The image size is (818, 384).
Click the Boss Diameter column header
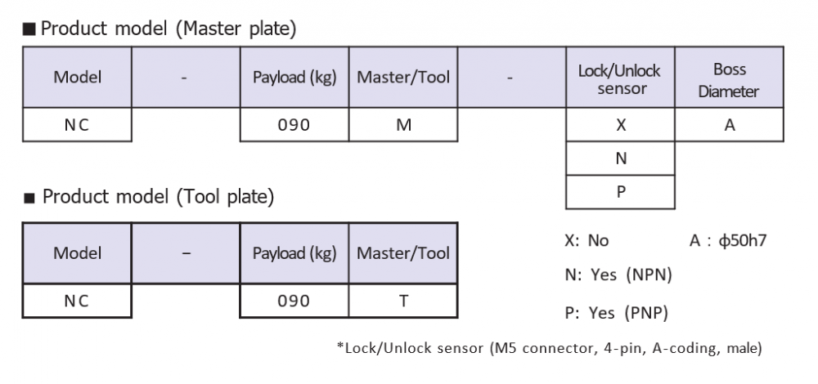pyautogui.click(x=729, y=78)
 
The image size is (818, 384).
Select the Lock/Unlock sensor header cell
pyautogui.click(x=620, y=78)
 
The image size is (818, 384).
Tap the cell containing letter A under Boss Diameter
pyautogui.click(x=729, y=124)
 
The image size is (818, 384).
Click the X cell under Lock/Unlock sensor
pyautogui.click(x=620, y=124)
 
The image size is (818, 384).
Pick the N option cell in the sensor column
pyautogui.click(x=620, y=158)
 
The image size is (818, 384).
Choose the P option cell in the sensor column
pyautogui.click(x=620, y=192)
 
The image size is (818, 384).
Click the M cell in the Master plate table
pyautogui.click(x=403, y=124)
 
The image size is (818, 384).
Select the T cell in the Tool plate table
pyautogui.click(x=403, y=301)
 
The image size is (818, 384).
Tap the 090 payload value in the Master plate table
pyautogui.click(x=294, y=124)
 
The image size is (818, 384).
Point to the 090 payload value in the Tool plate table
pyautogui.click(x=294, y=301)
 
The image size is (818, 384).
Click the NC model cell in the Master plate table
pyautogui.click(x=77, y=124)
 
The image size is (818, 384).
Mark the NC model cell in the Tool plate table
pyautogui.click(x=77, y=301)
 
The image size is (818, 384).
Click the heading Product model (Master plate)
pyautogui.click(x=168, y=29)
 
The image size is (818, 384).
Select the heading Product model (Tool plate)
pyautogui.click(x=158, y=197)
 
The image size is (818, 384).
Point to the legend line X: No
pyautogui.click(x=587, y=240)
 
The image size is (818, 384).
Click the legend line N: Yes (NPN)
pyautogui.click(x=618, y=274)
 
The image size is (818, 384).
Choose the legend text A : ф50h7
pyautogui.click(x=728, y=240)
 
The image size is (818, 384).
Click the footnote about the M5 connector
pyautogui.click(x=550, y=347)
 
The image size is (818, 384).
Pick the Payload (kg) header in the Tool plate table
pyautogui.click(x=294, y=253)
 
